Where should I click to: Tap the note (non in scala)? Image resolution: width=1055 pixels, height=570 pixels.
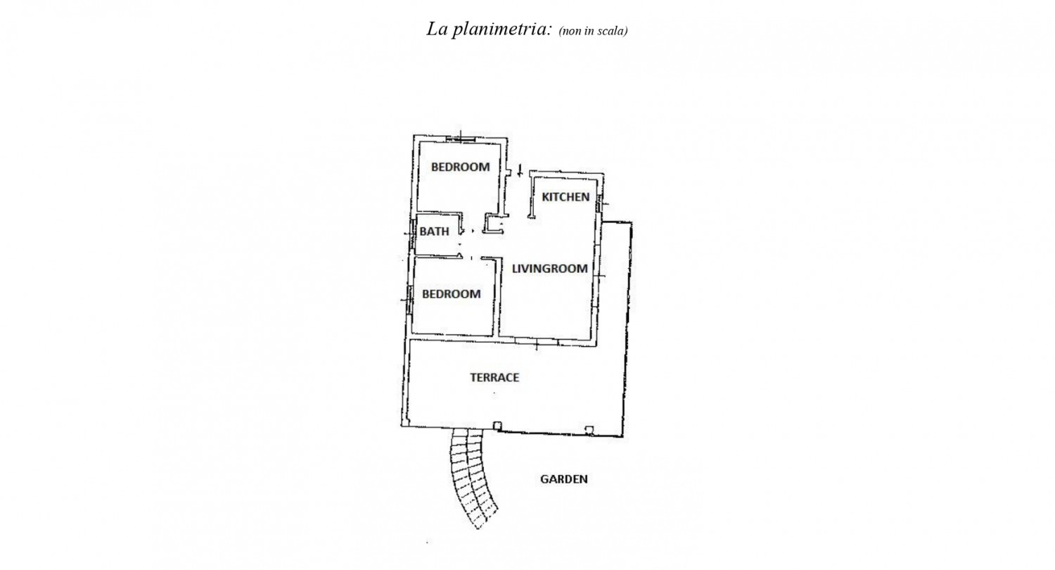(x=593, y=31)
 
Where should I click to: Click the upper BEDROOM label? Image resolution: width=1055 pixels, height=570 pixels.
(x=460, y=167)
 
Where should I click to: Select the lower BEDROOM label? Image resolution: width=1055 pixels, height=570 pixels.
(x=451, y=293)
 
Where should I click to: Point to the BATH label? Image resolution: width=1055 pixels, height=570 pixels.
(x=434, y=232)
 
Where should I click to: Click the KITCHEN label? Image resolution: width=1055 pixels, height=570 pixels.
(x=565, y=197)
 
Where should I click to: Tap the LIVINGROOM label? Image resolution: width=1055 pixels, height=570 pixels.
(x=549, y=269)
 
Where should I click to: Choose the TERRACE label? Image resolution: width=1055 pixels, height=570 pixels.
(x=494, y=377)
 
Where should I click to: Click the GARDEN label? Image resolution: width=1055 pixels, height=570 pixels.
(x=563, y=479)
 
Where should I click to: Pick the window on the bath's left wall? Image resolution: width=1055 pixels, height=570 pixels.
(x=411, y=232)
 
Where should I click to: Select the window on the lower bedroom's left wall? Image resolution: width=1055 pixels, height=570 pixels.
(x=409, y=299)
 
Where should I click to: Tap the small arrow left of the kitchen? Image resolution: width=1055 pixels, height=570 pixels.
(x=520, y=170)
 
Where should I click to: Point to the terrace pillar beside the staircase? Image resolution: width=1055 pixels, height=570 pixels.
(x=497, y=425)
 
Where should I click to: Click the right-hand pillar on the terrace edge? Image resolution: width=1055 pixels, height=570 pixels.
(x=589, y=429)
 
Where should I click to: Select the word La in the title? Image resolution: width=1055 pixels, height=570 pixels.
(x=436, y=30)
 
